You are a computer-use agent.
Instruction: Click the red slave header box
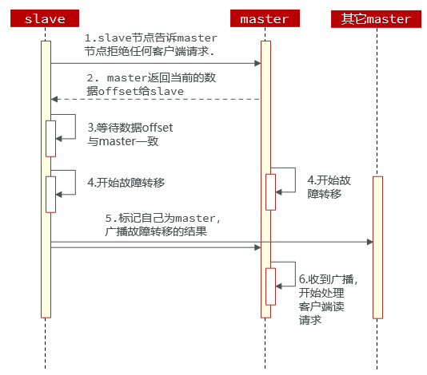pyautogui.click(x=46, y=18)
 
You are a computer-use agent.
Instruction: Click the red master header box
pyautogui.click(x=265, y=18)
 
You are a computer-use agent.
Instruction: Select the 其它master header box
pyautogui.click(x=377, y=18)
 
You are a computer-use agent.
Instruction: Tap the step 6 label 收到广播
pyautogui.click(x=327, y=299)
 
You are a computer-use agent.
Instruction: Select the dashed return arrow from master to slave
pyautogui.click(x=156, y=99)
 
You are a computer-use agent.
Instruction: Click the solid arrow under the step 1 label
pyautogui.click(x=156, y=62)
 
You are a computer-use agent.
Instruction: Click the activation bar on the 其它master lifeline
pyautogui.click(x=377, y=247)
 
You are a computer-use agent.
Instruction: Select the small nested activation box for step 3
pyautogui.click(x=50, y=137)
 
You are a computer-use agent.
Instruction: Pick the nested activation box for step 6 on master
pyautogui.click(x=270, y=286)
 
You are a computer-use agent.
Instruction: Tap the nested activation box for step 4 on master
pyautogui.click(x=270, y=191)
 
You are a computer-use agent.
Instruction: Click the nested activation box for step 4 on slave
pyautogui.click(x=50, y=194)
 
